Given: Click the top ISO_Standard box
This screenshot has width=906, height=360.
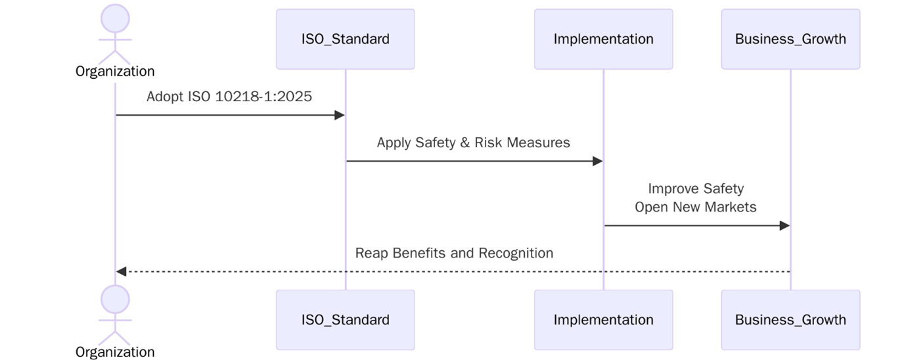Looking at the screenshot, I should [x=345, y=39].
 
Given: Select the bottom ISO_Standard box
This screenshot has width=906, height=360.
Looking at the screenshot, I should [x=345, y=320].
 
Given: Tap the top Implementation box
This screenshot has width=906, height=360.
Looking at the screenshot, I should [x=603, y=39].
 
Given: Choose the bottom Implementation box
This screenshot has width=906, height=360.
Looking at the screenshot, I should [x=603, y=320].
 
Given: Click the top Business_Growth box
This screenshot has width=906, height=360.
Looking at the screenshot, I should [x=790, y=39].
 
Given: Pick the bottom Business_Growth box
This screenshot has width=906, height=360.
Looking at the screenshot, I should [x=790, y=320].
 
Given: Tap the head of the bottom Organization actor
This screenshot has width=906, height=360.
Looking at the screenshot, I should [x=115, y=300].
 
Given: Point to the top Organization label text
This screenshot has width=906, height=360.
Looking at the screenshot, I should [x=115, y=72].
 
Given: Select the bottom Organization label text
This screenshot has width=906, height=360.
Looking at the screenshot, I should [x=115, y=352].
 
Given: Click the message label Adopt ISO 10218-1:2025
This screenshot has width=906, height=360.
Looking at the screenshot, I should [x=229, y=97].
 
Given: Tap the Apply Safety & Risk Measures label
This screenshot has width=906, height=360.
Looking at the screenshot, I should [x=473, y=143].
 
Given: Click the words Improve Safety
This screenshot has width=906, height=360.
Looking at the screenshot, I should [x=696, y=189].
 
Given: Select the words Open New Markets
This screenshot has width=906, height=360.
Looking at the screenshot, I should [x=696, y=207].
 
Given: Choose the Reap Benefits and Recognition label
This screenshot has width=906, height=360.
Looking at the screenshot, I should [x=454, y=253].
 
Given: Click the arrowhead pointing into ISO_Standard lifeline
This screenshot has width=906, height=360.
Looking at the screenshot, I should [x=340, y=116].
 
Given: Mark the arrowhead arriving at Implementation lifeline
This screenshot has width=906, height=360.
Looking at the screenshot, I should [x=598, y=162].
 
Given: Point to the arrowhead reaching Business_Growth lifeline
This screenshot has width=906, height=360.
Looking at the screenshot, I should [x=784, y=226].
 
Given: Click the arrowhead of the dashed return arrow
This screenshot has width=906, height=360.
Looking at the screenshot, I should [x=121, y=271].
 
